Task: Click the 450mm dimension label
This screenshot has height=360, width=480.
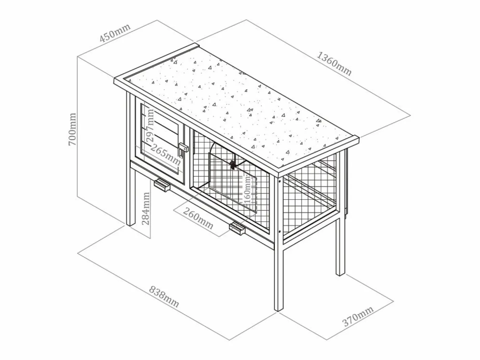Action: tap(115, 32)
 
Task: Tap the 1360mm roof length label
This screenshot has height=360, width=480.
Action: tap(334, 64)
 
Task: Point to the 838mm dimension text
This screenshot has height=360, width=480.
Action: tap(164, 297)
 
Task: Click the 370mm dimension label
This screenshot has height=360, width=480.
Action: tap(358, 316)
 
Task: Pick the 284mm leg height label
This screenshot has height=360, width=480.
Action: tap(146, 209)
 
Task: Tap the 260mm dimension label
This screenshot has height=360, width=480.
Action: tap(198, 218)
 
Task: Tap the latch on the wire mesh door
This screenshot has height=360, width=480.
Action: tap(233, 165)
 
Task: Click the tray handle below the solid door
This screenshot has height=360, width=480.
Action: tap(162, 185)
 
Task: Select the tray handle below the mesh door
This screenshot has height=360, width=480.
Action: tap(237, 229)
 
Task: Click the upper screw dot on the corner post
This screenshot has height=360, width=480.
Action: tap(280, 181)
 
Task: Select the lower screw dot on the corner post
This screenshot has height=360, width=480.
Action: tap(280, 231)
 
